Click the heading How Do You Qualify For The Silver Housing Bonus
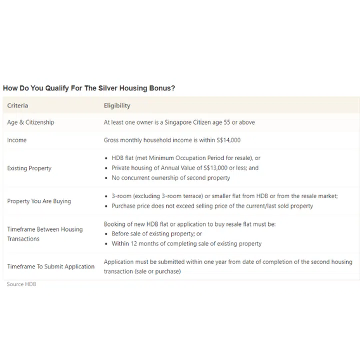[89, 88]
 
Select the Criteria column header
[17, 105]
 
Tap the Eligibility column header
[117, 105]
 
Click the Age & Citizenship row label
[30, 122]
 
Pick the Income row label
[17, 140]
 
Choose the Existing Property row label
[29, 168]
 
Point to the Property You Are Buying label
[39, 201]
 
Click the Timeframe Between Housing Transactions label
[44, 234]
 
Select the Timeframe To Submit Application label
[50, 266]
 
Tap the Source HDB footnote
[21, 284]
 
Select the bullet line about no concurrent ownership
[170, 178]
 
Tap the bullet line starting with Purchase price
[212, 206]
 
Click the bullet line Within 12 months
[186, 243]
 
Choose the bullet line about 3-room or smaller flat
[224, 196]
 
